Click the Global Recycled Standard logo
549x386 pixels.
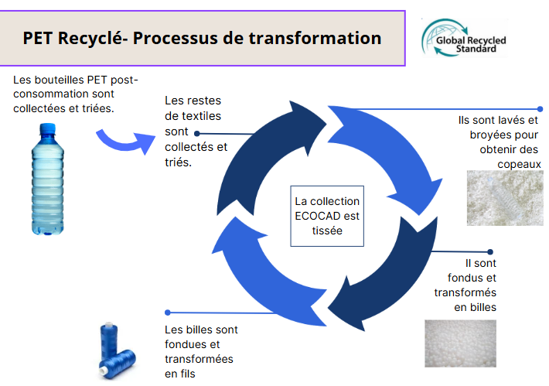(x=465, y=38)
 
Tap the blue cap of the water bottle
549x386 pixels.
(x=48, y=128)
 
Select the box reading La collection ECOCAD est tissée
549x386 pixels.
(x=327, y=216)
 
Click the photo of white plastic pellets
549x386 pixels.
(x=460, y=343)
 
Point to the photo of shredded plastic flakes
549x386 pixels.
(x=505, y=198)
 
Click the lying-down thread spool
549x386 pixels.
(x=118, y=364)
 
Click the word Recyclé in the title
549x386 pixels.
(x=90, y=38)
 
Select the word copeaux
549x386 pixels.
(x=520, y=164)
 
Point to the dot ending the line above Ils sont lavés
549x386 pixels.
(x=540, y=109)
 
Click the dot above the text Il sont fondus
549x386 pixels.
(x=490, y=252)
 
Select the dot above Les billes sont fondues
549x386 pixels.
(x=167, y=313)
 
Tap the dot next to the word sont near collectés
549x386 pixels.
(x=196, y=134)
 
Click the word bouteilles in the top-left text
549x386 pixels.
(x=60, y=80)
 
